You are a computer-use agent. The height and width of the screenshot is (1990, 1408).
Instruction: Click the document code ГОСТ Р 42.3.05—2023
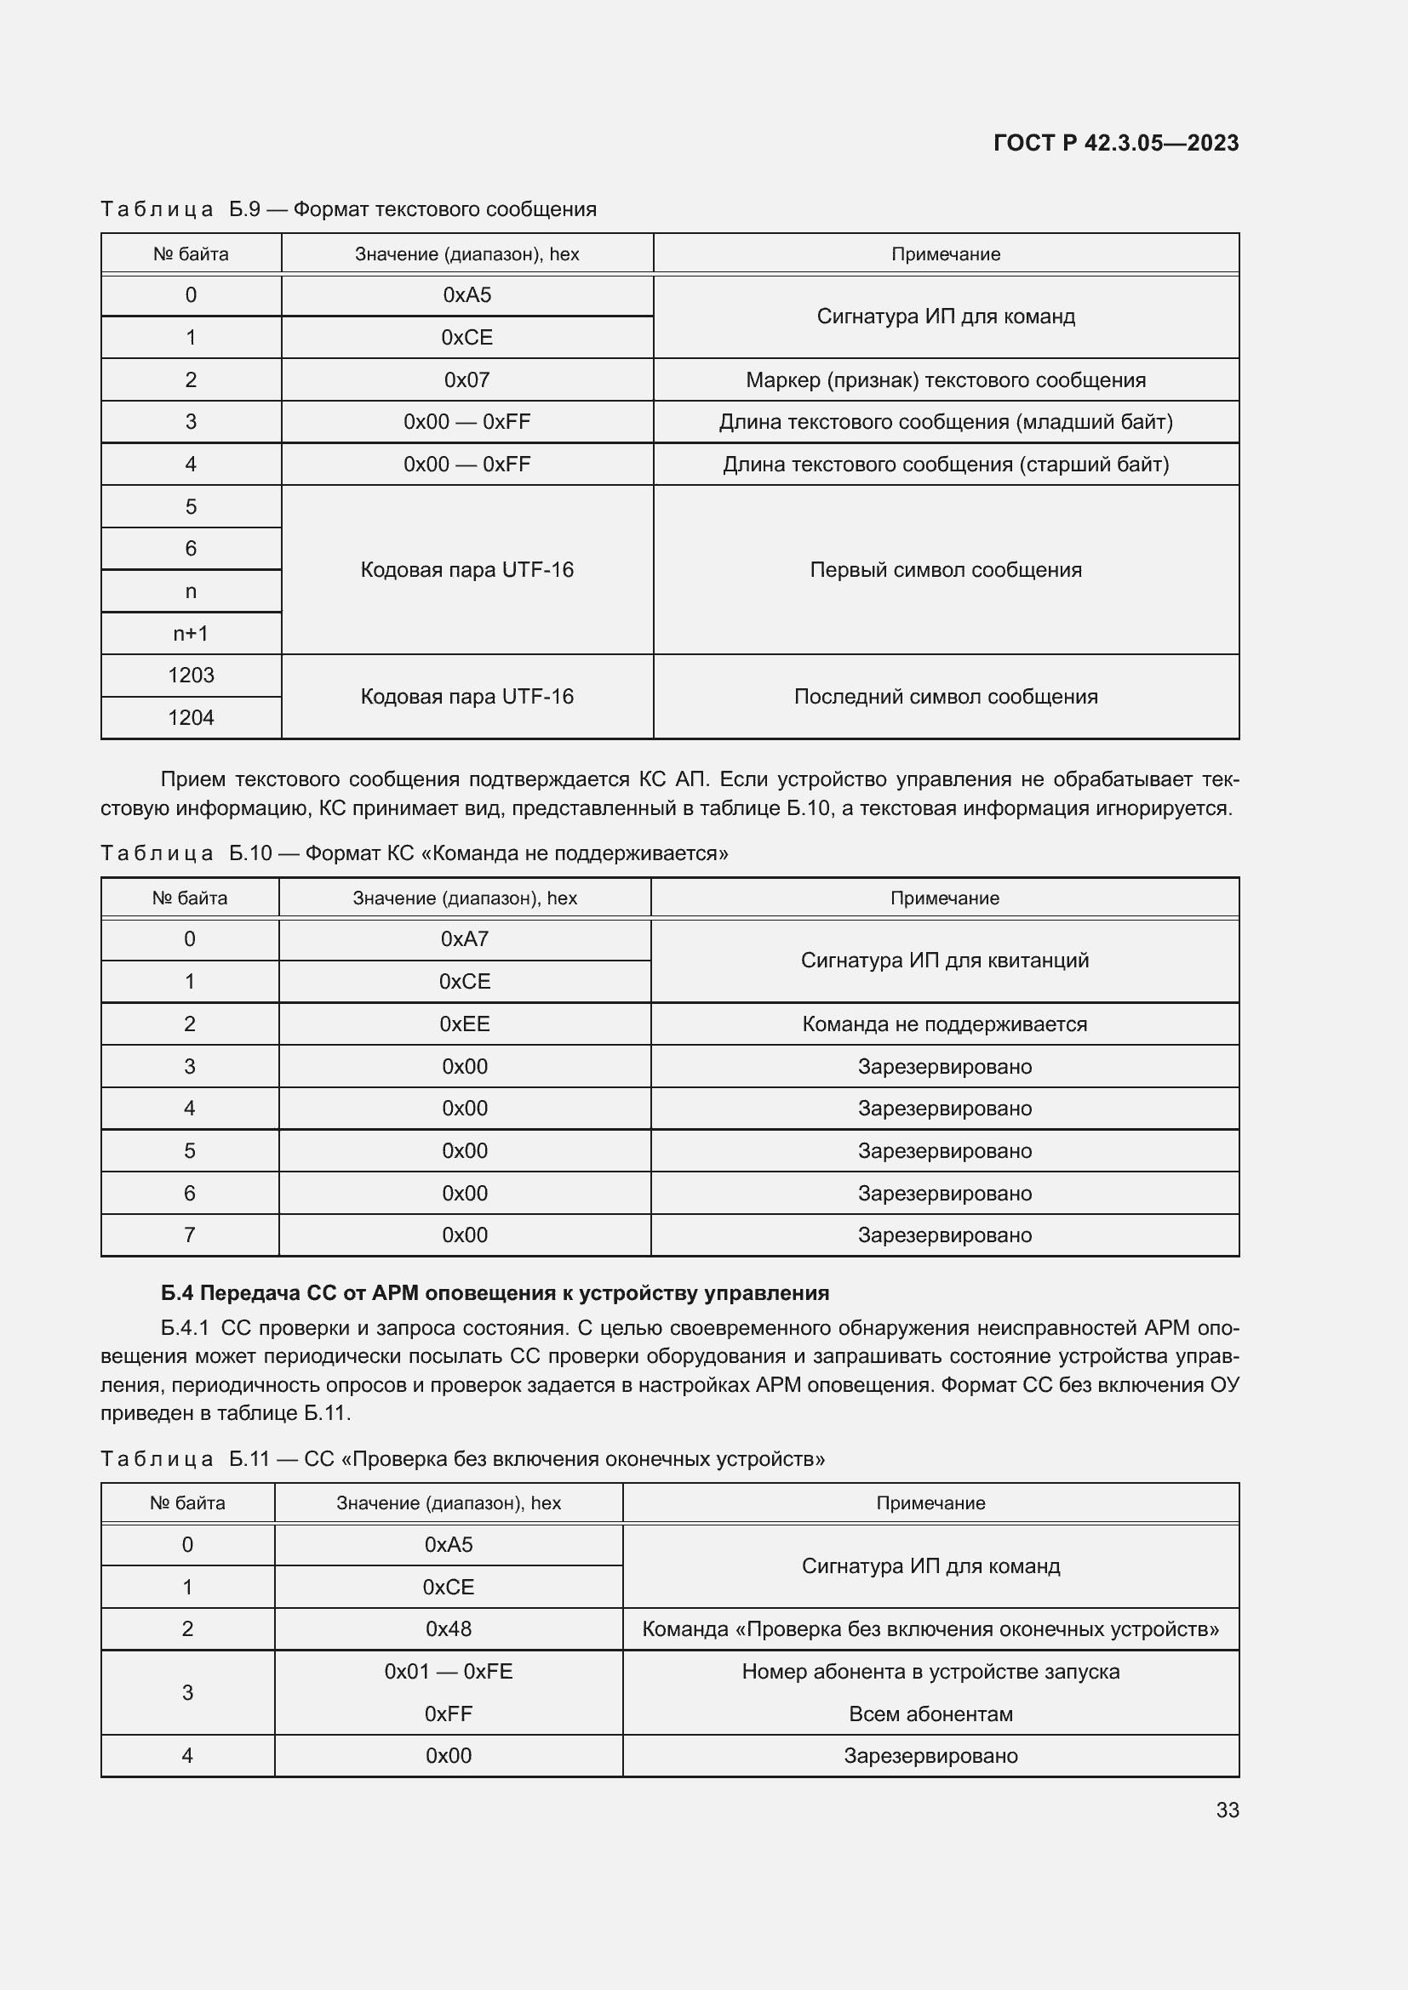(x=1115, y=143)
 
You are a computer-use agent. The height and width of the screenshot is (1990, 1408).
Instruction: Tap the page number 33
(x=1227, y=1810)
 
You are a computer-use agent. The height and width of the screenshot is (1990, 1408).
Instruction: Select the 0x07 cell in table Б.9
(x=466, y=379)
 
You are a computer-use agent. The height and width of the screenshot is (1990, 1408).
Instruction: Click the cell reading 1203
(x=191, y=676)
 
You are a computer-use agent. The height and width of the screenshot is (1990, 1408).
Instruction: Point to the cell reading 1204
(x=191, y=718)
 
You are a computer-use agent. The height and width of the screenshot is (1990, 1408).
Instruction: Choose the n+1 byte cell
(x=191, y=634)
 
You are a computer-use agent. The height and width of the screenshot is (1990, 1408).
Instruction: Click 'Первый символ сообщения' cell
(x=945, y=569)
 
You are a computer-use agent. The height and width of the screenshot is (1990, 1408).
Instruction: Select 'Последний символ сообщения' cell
(x=945, y=697)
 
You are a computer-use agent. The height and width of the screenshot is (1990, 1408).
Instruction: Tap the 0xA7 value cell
(x=465, y=938)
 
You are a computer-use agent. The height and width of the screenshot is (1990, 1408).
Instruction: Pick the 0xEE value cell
(x=465, y=1024)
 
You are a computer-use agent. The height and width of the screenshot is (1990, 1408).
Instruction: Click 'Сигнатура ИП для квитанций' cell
(x=944, y=961)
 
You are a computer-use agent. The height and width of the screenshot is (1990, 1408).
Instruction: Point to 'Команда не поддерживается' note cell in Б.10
(x=944, y=1024)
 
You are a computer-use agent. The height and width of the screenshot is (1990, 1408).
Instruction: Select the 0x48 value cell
(x=449, y=1628)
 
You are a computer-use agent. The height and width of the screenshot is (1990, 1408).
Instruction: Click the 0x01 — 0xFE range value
(x=449, y=1671)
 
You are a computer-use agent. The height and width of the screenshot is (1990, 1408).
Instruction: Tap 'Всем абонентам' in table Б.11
(x=930, y=1713)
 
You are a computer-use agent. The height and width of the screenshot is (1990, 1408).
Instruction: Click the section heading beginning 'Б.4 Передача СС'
(x=495, y=1293)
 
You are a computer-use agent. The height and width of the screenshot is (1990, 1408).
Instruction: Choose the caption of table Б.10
(x=415, y=852)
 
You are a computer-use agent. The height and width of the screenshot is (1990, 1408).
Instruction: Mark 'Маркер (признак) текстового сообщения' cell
(x=945, y=379)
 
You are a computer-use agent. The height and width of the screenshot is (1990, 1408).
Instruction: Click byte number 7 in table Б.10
(x=190, y=1234)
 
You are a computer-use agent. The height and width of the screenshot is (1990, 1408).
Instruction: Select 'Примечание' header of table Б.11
(x=930, y=1502)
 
